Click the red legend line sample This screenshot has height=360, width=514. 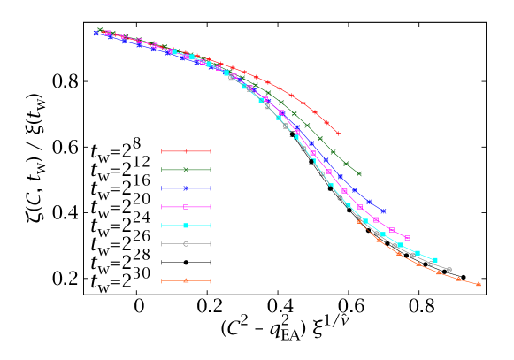(186, 151)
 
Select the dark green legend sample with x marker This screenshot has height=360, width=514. (186, 170)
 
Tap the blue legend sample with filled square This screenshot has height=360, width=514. (186, 188)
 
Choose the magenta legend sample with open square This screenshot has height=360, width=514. (186, 207)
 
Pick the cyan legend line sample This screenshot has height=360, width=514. (186, 226)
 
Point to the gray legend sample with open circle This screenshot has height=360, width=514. (186, 244)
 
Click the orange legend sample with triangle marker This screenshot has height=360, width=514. (186, 281)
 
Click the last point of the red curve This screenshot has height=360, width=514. (338, 134)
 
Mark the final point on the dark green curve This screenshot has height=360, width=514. (359, 174)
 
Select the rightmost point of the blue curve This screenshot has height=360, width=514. (383, 211)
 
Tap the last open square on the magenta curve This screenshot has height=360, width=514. (407, 238)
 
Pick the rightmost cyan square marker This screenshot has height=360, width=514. (434, 260)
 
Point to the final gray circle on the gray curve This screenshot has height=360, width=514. (449, 270)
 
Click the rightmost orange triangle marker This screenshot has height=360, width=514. (479, 284)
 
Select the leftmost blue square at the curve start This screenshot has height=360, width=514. (96, 34)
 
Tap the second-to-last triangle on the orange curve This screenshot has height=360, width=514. (458, 279)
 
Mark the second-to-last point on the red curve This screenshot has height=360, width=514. (326, 123)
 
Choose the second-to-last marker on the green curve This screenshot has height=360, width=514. (346, 164)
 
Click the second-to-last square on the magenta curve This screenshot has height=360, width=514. (392, 230)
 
